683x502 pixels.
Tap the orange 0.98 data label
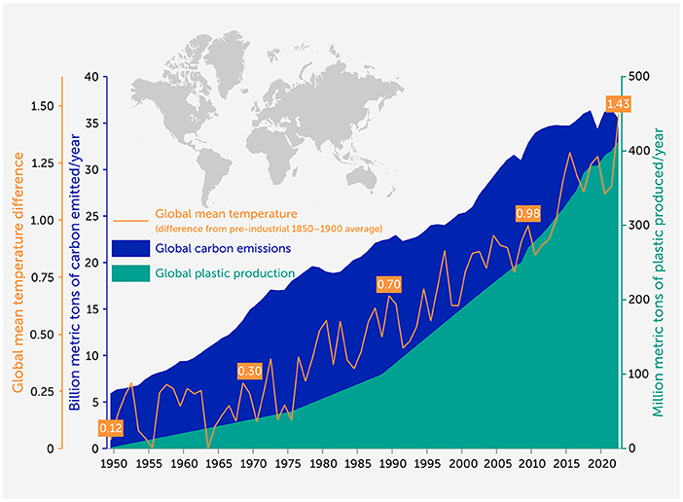pyautogui.click(x=527, y=213)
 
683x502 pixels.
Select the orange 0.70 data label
pyautogui.click(x=389, y=284)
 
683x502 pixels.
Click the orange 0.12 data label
pyautogui.click(x=111, y=427)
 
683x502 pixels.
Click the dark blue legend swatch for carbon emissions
pyautogui.click(x=130, y=249)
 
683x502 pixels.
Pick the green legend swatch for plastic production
pyautogui.click(x=130, y=273)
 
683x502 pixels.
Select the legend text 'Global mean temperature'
pyautogui.click(x=226, y=213)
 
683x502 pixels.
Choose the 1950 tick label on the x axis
pyautogui.click(x=114, y=464)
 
